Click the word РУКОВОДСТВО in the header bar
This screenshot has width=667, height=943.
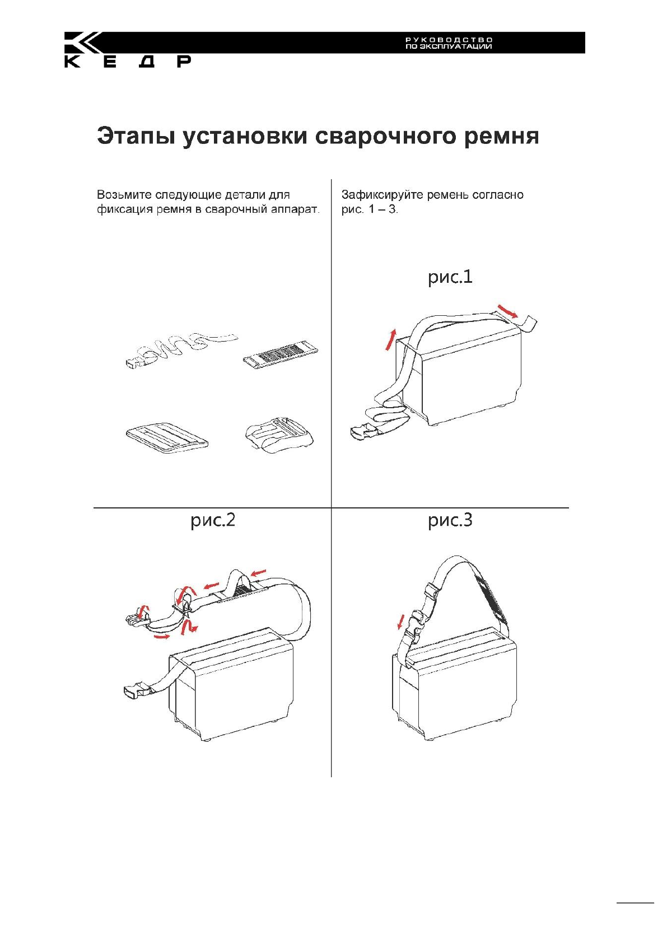pyautogui.click(x=449, y=40)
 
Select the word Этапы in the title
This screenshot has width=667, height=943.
pyautogui.click(x=134, y=136)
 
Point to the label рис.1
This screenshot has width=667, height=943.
pyautogui.click(x=450, y=277)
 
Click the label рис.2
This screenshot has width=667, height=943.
pyautogui.click(x=213, y=520)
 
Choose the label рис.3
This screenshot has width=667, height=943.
pyautogui.click(x=450, y=520)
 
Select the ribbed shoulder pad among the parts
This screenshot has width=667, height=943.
pyautogui.click(x=281, y=355)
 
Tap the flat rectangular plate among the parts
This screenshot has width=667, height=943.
pyautogui.click(x=167, y=437)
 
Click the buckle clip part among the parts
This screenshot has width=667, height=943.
pyautogui.click(x=279, y=435)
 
